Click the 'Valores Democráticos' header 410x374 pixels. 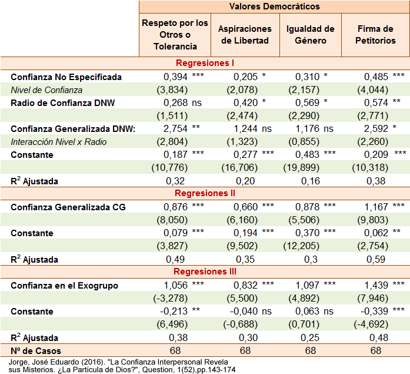pos(274,6)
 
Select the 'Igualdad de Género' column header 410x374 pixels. pos(310,34)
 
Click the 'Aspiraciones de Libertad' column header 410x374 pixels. pos(245,34)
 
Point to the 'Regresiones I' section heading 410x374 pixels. pos(205,63)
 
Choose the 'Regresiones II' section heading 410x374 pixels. pos(205,193)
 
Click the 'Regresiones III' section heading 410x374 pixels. pos(205,272)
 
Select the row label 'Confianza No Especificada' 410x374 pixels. pos(66,77)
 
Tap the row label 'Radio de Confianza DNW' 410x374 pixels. pos(62,102)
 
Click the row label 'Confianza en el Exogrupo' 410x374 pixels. pos(64,286)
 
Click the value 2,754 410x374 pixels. pos(175,128)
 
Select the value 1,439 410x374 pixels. pos(376,286)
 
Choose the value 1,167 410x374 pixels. pos(376,207)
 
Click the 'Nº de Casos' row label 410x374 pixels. pos(35,351)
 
